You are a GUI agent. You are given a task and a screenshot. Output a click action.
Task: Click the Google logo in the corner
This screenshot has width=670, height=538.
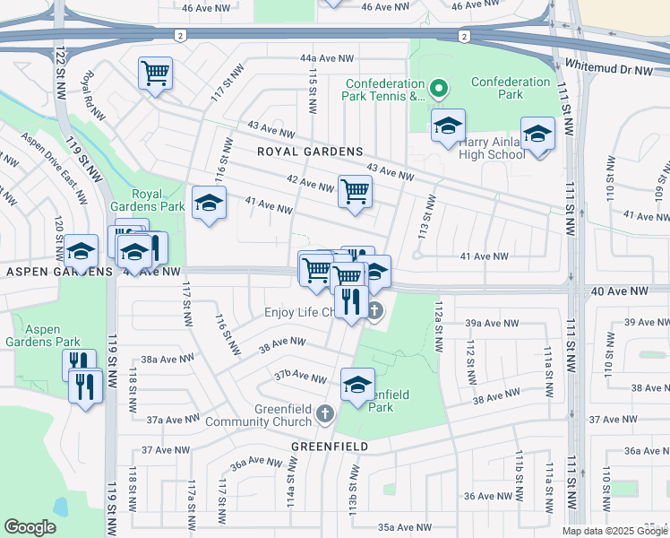coord(30,527)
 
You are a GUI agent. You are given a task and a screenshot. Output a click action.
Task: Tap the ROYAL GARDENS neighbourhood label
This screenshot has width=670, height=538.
coord(310,152)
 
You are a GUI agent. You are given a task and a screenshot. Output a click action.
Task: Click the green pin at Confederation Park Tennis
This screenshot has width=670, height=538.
coord(438,88)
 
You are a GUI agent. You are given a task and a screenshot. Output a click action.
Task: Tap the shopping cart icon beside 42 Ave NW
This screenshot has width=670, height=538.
coord(356,191)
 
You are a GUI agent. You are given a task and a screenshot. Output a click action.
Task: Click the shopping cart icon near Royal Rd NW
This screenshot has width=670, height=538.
coord(156,73)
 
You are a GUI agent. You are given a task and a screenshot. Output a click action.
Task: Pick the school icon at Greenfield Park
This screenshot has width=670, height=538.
coord(357,385)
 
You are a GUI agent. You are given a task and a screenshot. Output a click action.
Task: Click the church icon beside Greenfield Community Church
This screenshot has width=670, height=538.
coord(325,414)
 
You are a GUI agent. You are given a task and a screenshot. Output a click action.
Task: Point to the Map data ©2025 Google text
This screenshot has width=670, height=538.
coord(614,531)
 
